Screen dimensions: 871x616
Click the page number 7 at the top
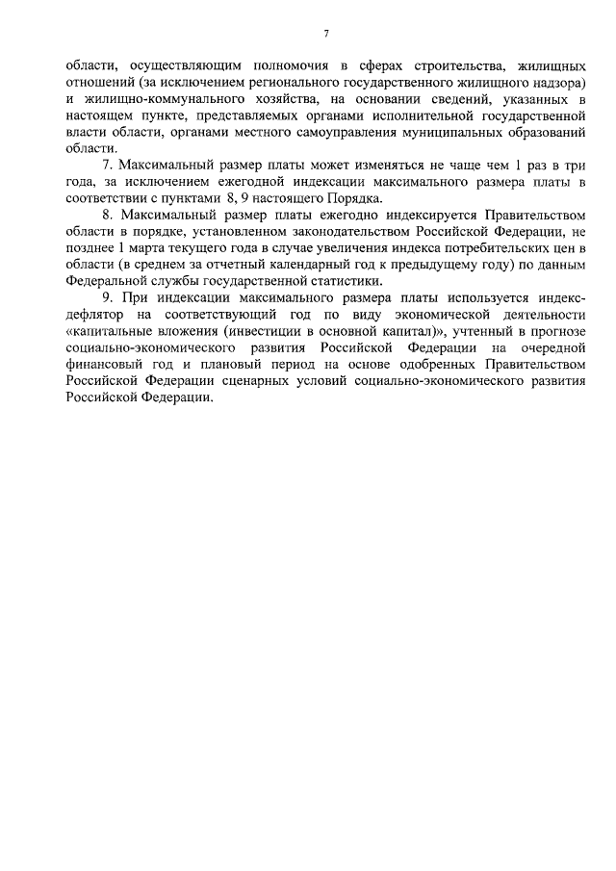[x=327, y=34]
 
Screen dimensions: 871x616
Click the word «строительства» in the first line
[x=430, y=66]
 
